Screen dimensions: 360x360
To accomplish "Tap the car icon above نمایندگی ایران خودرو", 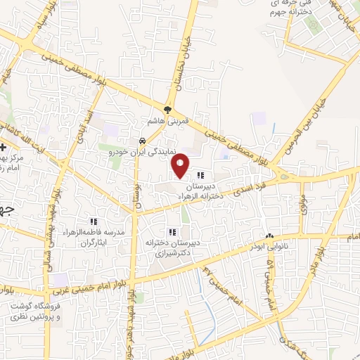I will pyautogui.click(x=143, y=141).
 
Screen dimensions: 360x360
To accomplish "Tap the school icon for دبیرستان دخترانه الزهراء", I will pyautogui.click(x=201, y=175).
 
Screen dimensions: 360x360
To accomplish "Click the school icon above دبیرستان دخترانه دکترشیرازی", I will pyautogui.click(x=172, y=232).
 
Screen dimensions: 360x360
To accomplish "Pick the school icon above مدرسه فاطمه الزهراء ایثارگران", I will pyautogui.click(x=94, y=222).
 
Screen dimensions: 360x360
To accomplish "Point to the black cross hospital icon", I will pyautogui.click(x=4, y=147).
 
